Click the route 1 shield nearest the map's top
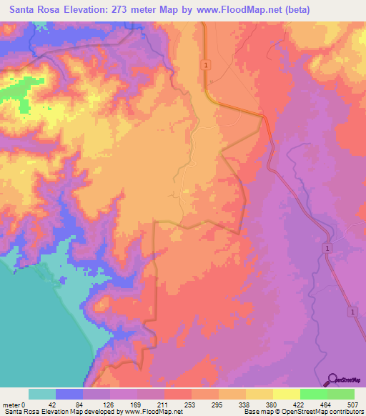point(206,65)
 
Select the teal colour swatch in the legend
point(42,393)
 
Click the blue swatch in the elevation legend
point(69,393)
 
